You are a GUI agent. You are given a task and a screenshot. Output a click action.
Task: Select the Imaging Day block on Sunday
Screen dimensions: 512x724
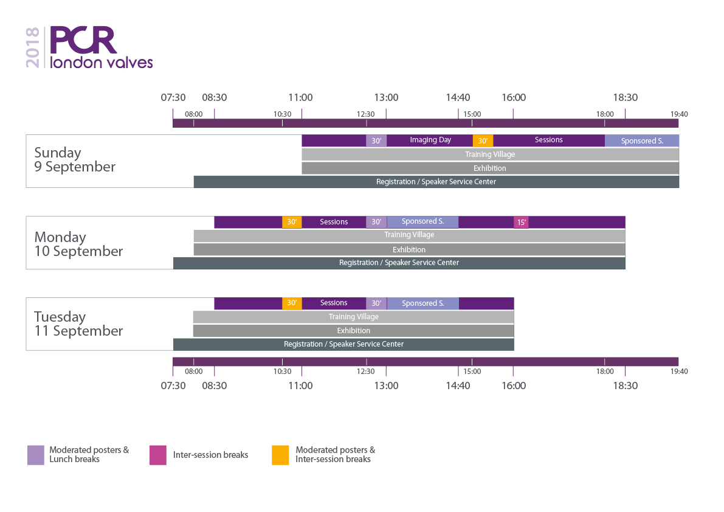(430, 140)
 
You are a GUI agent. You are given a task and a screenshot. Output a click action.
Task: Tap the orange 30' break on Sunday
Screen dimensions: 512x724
(483, 141)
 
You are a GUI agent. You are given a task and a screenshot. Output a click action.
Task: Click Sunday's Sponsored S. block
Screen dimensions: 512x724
(641, 141)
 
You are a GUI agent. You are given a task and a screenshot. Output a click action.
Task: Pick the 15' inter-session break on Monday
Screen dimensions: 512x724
(521, 223)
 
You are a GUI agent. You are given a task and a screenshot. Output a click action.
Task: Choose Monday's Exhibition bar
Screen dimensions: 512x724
(409, 249)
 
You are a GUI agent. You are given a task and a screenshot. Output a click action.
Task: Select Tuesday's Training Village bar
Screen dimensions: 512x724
(353, 317)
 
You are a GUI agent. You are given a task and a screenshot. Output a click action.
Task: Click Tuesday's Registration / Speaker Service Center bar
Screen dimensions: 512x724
(343, 344)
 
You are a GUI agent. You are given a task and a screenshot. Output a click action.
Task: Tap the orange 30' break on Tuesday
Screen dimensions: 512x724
(292, 303)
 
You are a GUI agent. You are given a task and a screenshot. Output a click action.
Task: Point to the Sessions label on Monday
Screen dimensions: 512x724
(334, 222)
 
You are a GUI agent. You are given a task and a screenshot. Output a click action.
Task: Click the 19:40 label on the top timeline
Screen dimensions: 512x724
(679, 114)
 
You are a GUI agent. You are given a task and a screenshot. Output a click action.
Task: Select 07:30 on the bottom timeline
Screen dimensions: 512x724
(173, 386)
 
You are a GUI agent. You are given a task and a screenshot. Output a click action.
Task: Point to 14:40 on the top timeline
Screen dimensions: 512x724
(458, 97)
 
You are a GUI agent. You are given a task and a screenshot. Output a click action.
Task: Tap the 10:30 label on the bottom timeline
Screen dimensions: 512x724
(282, 372)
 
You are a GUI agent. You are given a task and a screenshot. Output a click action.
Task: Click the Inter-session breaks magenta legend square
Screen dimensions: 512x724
(158, 455)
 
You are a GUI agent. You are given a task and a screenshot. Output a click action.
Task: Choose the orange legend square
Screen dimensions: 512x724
(280, 455)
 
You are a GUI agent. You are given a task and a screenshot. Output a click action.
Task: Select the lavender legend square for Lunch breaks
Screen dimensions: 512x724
(36, 455)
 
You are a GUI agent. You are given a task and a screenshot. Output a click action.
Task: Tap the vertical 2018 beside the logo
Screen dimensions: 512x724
(33, 47)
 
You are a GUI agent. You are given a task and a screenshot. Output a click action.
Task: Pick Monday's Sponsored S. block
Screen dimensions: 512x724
(422, 222)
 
